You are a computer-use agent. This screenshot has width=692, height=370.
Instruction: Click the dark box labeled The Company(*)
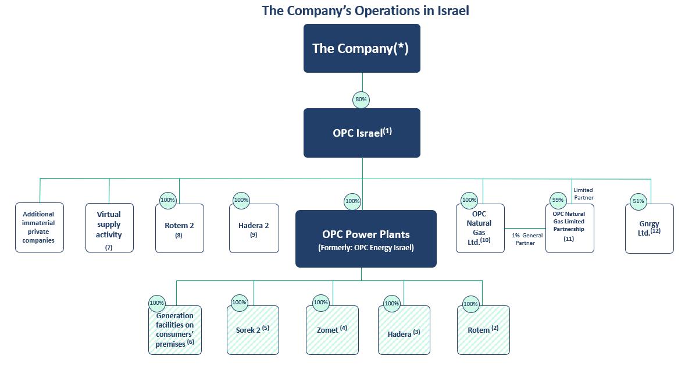pos(362,48)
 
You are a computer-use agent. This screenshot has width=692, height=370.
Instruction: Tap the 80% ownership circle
pos(361,99)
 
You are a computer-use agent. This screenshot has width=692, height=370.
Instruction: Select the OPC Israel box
pos(362,133)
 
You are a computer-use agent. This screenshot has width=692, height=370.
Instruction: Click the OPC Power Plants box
pos(366,239)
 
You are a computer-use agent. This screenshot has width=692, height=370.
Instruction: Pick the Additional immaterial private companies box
pos(40,227)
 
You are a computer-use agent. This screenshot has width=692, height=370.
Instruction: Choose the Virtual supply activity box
pos(109,227)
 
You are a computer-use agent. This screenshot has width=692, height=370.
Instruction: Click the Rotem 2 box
pos(180,229)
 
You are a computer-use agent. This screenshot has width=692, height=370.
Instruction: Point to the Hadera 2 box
pos(254,229)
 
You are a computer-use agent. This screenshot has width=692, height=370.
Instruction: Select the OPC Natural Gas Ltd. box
pos(480,228)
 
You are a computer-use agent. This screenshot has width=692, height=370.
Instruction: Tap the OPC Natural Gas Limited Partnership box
pos(569,228)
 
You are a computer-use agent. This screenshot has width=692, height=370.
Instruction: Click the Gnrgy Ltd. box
pos(649,228)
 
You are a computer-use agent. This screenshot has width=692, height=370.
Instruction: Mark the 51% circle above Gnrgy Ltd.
pos(639,202)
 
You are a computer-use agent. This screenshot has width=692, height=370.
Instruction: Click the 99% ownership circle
pos(558,200)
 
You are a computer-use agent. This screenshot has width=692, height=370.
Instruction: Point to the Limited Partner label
pos(583,194)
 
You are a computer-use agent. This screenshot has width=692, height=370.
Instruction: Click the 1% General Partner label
pos(527,239)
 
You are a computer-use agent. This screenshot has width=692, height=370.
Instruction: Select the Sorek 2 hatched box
pos(253,330)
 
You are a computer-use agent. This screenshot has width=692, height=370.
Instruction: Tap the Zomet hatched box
pos(333,330)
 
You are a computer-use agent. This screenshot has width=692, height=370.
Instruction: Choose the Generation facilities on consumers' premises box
pos(175,330)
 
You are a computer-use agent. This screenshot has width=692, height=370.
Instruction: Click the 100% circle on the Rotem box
pos(470,304)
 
